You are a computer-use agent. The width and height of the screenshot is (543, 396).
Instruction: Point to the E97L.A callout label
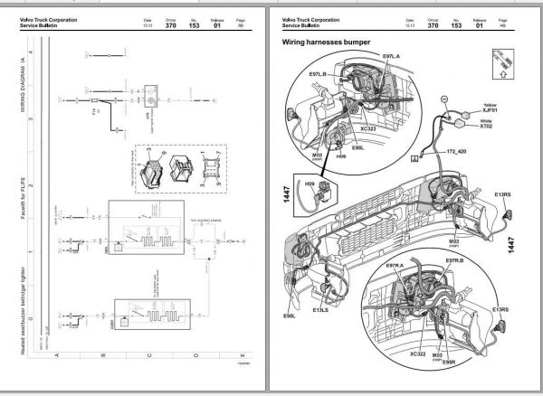(370, 57)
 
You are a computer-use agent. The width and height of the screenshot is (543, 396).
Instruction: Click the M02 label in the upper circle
(318, 155)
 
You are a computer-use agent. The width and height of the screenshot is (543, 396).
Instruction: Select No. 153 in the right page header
(456, 26)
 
